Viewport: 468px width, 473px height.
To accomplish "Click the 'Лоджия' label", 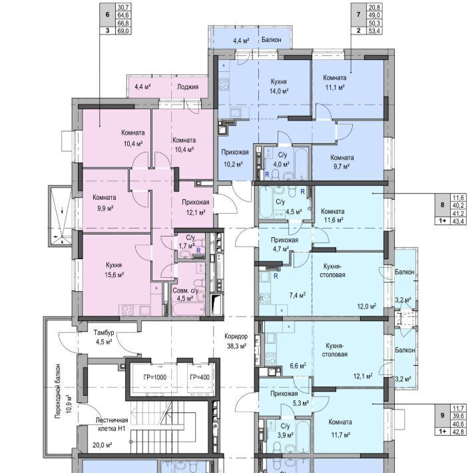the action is (x=188, y=87).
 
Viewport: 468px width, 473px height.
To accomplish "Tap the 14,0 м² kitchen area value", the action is (x=279, y=91).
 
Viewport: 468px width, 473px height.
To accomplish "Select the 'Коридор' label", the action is (x=236, y=336).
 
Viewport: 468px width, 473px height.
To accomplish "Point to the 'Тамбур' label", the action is (x=104, y=332).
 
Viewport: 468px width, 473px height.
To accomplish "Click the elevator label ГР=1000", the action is (x=155, y=377).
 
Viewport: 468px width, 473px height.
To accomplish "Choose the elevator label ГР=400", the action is (x=200, y=377).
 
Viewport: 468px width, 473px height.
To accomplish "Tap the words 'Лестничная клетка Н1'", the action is (x=112, y=424).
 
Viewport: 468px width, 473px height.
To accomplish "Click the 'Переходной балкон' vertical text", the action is (x=58, y=391).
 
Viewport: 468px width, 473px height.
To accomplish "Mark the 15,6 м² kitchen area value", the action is (x=115, y=275).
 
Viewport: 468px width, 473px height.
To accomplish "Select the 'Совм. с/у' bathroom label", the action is (x=185, y=291).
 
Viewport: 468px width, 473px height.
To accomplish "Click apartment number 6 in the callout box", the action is (x=108, y=14).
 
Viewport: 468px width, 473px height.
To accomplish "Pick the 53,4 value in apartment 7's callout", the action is (x=373, y=31).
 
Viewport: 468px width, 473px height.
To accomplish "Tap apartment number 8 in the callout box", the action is (x=443, y=205).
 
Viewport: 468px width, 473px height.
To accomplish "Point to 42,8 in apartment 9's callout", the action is (x=458, y=432).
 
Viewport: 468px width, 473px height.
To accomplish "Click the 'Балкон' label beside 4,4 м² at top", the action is (x=271, y=39).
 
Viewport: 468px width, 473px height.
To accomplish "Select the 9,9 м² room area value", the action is (x=105, y=208).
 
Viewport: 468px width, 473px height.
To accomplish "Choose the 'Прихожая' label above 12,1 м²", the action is (x=196, y=202).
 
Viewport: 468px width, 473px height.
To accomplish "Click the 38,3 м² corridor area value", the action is (x=236, y=346).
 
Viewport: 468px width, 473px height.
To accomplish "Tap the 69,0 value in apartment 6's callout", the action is (x=123, y=31).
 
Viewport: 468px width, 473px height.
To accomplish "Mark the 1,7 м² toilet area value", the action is (x=186, y=246).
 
